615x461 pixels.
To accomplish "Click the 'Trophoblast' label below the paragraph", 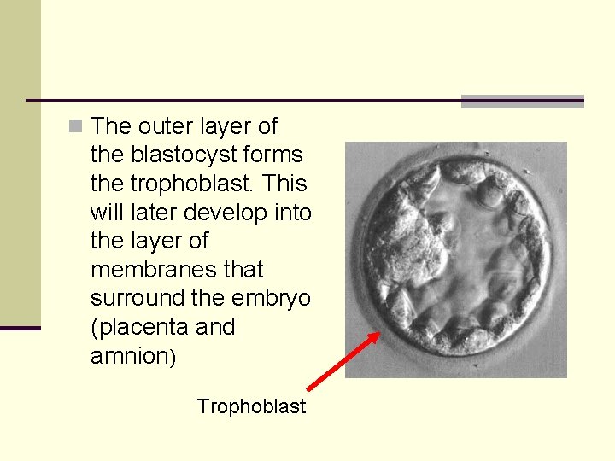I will point(251,406).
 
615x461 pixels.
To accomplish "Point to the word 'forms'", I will point(274,155).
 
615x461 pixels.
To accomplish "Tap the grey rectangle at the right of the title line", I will point(522,102).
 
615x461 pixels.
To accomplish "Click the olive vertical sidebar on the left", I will point(20,162).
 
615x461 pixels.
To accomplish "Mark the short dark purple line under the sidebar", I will point(20,328).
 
